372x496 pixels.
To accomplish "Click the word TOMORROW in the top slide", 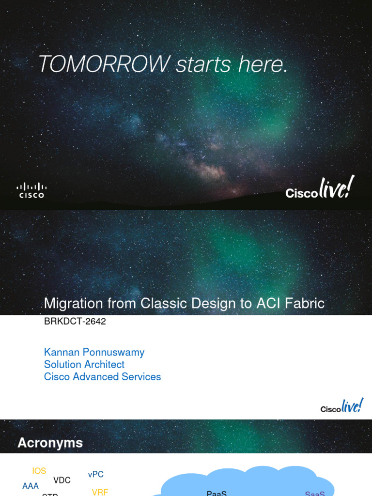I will [104, 64].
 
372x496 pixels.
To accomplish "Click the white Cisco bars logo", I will [31, 190].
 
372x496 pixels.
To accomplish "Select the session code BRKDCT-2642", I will [75, 322].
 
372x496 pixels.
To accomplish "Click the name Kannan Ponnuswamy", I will [94, 352].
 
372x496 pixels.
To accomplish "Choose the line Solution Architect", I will [84, 364].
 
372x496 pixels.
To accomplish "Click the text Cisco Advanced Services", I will [102, 376].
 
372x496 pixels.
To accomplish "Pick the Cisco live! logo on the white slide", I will [341, 407].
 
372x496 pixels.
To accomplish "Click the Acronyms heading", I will [50, 443].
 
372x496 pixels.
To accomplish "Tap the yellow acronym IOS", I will [39, 471].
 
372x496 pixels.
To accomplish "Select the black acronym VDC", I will [62, 480].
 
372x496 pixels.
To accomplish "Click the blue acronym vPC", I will [96, 474].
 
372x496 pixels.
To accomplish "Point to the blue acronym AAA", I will [31, 486].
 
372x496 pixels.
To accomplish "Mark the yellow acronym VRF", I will [100, 492].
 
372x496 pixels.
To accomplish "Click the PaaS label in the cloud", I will [217, 493].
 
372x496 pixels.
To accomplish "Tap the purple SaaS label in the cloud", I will [314, 493].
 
